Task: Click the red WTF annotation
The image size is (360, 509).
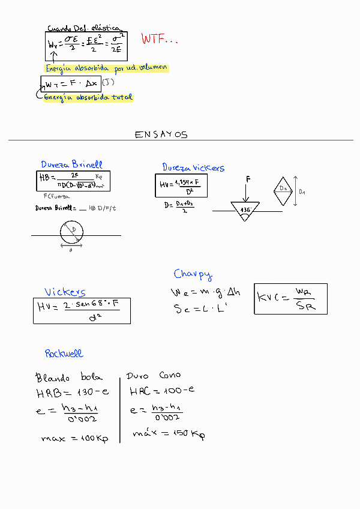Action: point(159,40)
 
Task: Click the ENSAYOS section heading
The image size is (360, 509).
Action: point(161,134)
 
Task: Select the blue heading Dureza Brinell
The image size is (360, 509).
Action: point(71,164)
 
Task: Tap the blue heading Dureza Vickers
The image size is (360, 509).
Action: point(193,167)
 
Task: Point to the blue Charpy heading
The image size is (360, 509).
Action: point(193,274)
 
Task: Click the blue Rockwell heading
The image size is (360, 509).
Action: point(64,354)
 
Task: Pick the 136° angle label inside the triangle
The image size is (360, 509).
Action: point(245,209)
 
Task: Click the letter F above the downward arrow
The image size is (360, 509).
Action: point(247,179)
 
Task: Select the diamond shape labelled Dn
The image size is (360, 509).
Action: point(283,189)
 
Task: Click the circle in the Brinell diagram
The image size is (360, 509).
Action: point(73,233)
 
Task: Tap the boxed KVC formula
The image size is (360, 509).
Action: point(291,298)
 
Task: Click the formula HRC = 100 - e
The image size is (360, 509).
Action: point(162,391)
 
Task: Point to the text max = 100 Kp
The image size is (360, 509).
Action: point(74,439)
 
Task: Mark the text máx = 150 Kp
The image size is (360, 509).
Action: point(168,434)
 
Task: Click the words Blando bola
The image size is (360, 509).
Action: point(69,378)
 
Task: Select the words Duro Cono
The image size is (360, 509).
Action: point(153,376)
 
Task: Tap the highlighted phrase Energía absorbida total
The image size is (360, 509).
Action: point(88,97)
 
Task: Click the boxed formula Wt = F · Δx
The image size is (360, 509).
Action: point(71,83)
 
